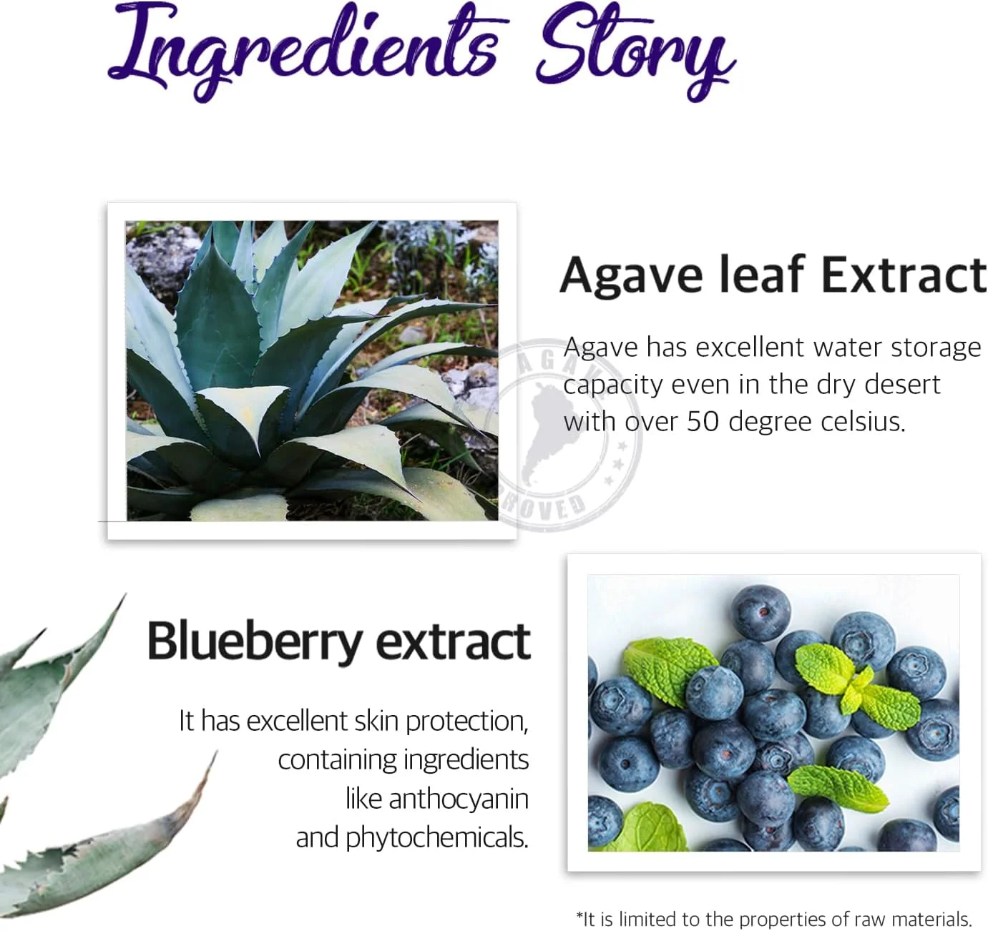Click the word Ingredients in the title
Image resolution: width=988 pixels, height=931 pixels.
(x=303, y=52)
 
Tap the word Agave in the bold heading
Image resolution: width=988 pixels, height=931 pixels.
(x=631, y=277)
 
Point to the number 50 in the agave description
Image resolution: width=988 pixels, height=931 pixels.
(x=703, y=422)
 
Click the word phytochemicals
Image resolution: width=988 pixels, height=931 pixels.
(x=436, y=838)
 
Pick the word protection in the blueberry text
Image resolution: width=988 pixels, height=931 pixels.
(x=466, y=721)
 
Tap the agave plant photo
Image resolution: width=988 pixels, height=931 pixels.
(x=312, y=370)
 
